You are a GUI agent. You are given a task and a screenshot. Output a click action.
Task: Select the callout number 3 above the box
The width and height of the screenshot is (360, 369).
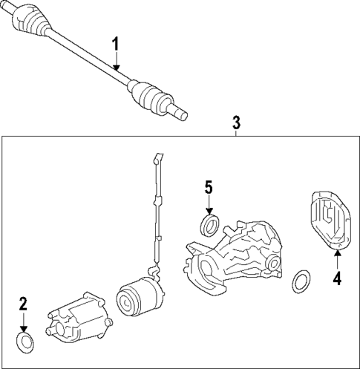coord(236,121)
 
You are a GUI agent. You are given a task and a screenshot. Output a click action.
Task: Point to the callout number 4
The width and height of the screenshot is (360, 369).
coord(336,279)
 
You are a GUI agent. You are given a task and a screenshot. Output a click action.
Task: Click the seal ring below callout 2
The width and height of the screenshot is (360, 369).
coord(24,342)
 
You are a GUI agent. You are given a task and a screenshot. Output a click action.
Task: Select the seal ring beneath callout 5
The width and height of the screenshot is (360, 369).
coord(210,223)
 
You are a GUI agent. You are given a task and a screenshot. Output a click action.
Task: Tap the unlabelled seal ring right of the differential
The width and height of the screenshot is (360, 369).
coord(301,281)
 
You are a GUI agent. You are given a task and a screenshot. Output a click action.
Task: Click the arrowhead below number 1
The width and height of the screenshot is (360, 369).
coord(116,68)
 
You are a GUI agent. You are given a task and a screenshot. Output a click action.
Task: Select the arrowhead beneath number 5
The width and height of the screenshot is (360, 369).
coord(209,212)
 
